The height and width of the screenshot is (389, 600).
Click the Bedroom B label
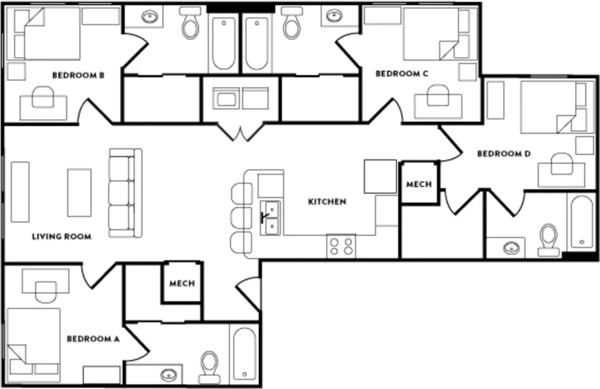tap(78, 75)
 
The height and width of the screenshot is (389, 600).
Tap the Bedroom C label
tap(402, 73)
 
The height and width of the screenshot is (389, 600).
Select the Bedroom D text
tap(504, 154)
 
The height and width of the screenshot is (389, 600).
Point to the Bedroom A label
tap(93, 339)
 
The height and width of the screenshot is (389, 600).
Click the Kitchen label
tap(327, 201)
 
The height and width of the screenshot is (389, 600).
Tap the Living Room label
tap(62, 237)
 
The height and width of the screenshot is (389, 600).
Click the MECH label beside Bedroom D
tap(419, 184)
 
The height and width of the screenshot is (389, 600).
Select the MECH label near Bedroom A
tap(182, 283)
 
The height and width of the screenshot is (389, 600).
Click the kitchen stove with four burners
tap(341, 246)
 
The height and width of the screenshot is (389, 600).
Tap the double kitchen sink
tap(270, 218)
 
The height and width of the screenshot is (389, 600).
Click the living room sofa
tap(125, 193)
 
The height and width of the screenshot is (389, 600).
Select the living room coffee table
tap(79, 193)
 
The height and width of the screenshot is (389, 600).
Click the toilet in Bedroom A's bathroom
tap(209, 367)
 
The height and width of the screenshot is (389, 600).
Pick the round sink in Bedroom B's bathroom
tap(150, 17)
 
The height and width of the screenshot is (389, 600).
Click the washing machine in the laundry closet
tap(226, 98)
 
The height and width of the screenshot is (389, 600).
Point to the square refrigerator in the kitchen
tap(380, 176)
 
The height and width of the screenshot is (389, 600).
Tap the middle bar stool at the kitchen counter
tap(241, 218)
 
